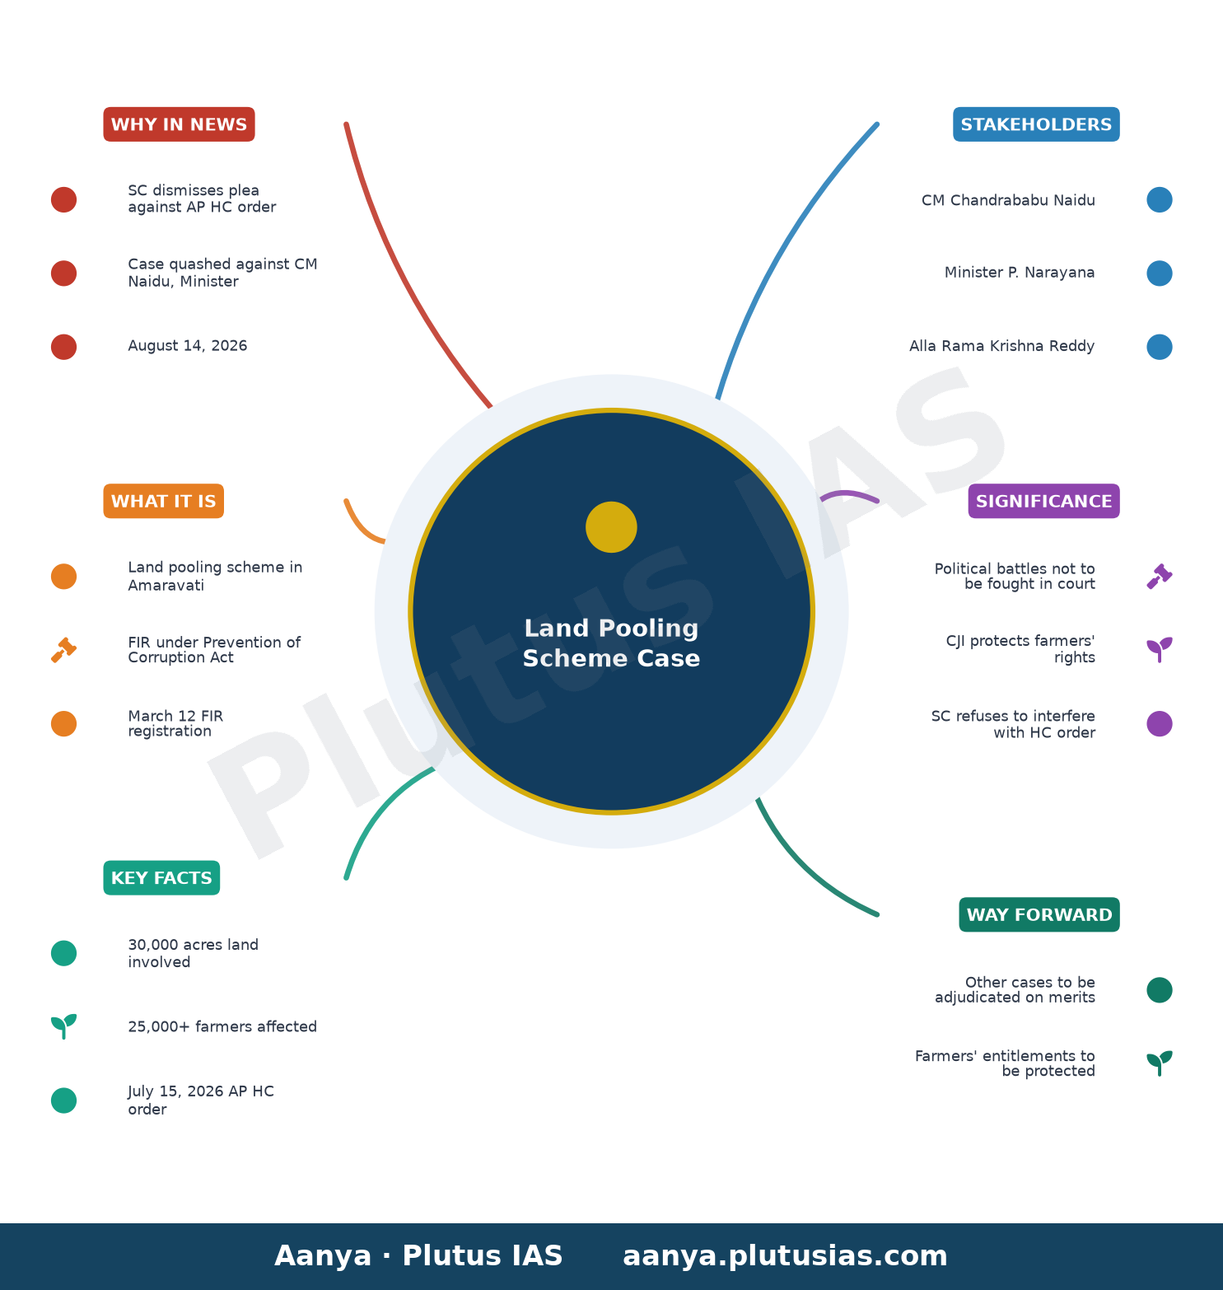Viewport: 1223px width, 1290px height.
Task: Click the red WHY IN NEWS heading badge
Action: tap(179, 124)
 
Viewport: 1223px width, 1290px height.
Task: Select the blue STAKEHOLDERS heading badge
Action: tap(1036, 124)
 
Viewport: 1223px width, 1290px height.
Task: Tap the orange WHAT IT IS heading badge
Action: tap(163, 501)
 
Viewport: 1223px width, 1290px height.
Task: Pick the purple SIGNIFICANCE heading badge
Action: tap(1043, 501)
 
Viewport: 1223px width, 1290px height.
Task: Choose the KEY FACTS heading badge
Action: tap(161, 878)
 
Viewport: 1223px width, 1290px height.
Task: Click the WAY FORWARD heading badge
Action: tap(1039, 914)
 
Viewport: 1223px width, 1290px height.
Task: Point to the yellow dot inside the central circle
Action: tap(611, 527)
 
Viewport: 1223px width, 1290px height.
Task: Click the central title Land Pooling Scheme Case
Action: tap(611, 643)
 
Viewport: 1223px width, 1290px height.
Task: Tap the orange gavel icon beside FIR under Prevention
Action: tap(63, 650)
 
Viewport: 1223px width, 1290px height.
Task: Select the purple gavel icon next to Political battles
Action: tap(1159, 577)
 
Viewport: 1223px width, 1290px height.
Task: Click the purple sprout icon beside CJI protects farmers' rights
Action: tap(1159, 650)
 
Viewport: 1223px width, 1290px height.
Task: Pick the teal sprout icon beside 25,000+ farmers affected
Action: tap(63, 1026)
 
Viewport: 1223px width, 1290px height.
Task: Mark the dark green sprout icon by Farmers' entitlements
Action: tap(1159, 1063)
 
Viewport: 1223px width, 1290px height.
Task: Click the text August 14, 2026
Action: tap(188, 346)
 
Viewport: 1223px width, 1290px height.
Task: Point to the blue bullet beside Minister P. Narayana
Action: tap(1159, 273)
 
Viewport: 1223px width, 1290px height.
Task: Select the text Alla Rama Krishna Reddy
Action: tap(1001, 346)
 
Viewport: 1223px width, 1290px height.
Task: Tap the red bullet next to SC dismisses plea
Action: tap(63, 199)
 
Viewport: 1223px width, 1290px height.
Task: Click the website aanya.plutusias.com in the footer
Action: tap(785, 1256)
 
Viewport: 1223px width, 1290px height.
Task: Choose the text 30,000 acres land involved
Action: tap(194, 953)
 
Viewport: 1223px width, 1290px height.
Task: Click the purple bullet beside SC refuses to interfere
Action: tap(1159, 724)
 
